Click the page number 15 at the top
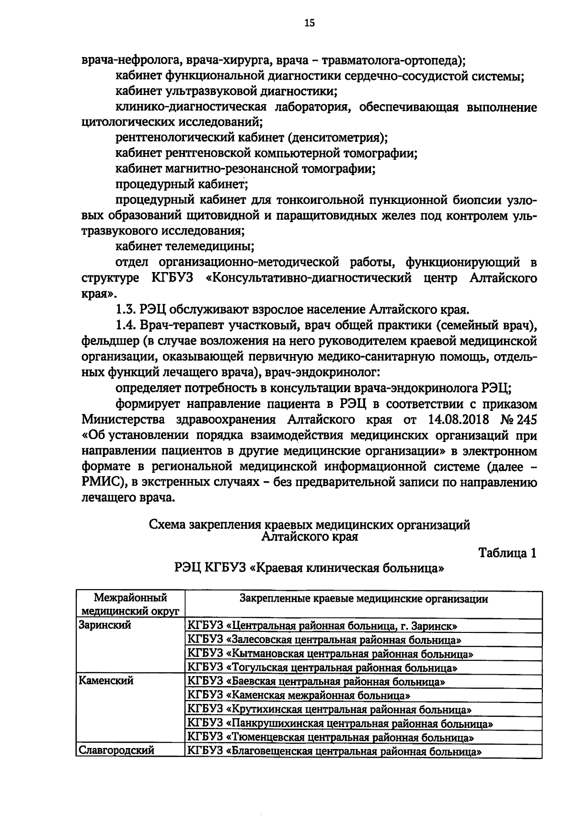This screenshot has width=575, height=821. [310, 23]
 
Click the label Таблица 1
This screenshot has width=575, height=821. [507, 553]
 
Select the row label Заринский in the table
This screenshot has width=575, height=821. [104, 626]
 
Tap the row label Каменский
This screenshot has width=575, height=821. [106, 681]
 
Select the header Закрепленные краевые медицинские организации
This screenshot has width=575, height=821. [363, 599]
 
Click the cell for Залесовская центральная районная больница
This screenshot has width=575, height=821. [324, 640]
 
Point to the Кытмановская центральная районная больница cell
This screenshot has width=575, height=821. [331, 654]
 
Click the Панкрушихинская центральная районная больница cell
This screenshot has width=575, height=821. [340, 723]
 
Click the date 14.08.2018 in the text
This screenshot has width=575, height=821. [456, 420]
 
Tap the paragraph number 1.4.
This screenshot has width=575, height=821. [127, 325]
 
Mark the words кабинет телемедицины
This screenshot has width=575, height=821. [184, 247]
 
